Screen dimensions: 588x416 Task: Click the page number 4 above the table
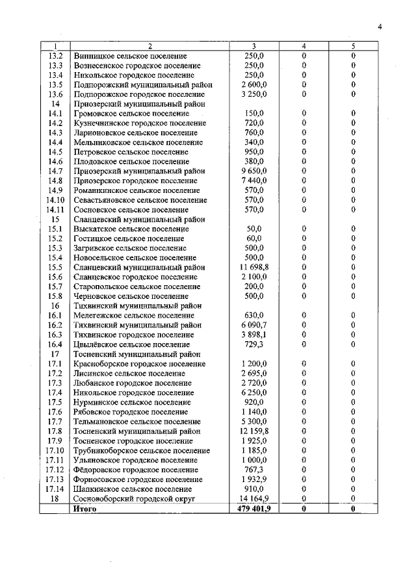click(x=380, y=27)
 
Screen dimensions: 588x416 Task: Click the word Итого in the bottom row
click(x=86, y=509)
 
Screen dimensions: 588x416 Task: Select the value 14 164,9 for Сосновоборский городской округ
click(x=253, y=499)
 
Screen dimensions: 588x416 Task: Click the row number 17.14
click(x=55, y=489)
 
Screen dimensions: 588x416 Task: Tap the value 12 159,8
click(x=253, y=431)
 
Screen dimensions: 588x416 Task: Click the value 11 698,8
click(x=253, y=267)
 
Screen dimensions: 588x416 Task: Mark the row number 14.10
click(x=55, y=200)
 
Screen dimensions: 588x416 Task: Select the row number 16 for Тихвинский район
click(x=55, y=305)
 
